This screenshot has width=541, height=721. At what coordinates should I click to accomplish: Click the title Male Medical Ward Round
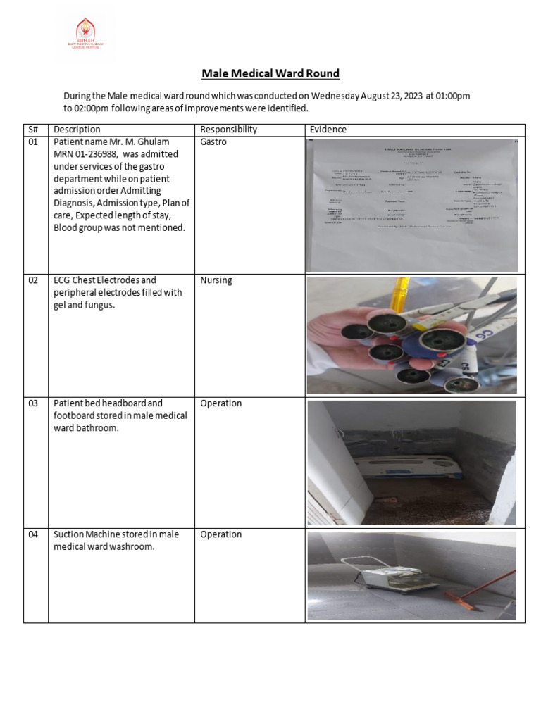point(270,73)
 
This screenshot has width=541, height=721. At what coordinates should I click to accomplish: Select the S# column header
point(33,130)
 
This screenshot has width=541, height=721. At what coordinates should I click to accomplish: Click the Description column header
point(77,130)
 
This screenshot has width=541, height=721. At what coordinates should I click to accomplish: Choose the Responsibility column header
point(228,130)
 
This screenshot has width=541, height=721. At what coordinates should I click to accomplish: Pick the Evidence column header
point(328,130)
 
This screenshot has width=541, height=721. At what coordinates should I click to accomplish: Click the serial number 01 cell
point(33,142)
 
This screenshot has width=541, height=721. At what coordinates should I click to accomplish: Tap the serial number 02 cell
point(33,280)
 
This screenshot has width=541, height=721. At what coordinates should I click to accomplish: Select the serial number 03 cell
point(33,403)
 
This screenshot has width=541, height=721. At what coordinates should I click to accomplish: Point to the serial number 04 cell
point(33,534)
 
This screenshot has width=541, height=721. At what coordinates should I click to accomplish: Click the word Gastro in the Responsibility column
point(213,142)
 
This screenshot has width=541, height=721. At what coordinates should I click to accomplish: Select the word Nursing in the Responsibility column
point(216,280)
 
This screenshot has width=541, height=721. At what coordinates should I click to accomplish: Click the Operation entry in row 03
point(220,403)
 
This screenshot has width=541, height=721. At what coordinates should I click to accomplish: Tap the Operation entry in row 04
point(220,534)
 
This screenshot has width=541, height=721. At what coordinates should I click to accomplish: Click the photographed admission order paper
point(412,204)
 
